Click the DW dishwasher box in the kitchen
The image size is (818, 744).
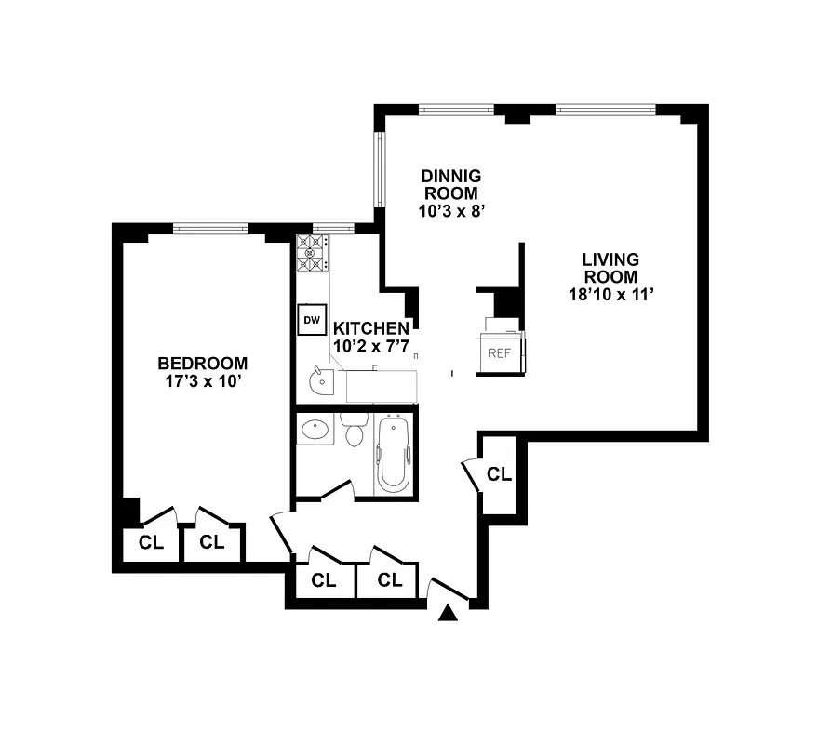(x=311, y=320)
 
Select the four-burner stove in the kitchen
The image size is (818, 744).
(x=312, y=254)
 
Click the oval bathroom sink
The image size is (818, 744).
(x=315, y=430)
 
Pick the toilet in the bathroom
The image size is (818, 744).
(x=354, y=432)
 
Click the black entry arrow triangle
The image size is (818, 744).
(x=449, y=612)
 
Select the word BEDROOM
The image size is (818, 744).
(x=202, y=364)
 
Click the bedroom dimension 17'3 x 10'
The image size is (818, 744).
(x=202, y=380)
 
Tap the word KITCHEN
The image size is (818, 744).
(x=370, y=328)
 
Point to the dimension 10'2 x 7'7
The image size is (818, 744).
(x=370, y=346)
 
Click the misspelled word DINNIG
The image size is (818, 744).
(x=450, y=177)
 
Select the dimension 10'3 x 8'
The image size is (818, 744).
(x=450, y=211)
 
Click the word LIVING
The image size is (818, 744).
(x=610, y=259)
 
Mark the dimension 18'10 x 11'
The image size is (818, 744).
(x=610, y=295)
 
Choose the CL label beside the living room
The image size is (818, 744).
(x=500, y=474)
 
